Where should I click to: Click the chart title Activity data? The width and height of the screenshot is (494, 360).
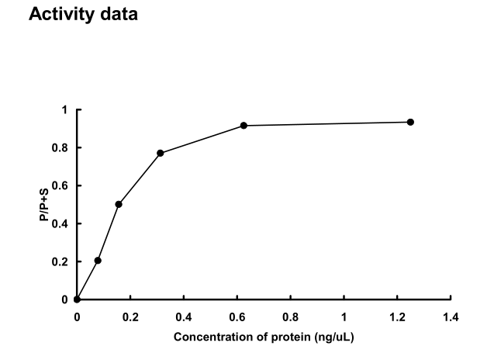click(83, 15)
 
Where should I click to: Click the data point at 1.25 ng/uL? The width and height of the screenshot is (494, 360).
click(410, 122)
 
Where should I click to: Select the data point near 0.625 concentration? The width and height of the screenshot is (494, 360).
click(244, 125)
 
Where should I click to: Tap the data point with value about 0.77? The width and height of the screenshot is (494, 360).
click(161, 153)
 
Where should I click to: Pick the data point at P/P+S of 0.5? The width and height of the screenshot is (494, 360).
click(119, 204)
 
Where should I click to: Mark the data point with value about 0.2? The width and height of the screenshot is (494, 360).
click(98, 261)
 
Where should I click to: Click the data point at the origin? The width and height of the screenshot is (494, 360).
click(77, 299)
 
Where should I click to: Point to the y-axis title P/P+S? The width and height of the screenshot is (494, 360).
click(44, 205)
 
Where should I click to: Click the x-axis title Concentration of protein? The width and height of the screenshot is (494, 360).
click(264, 337)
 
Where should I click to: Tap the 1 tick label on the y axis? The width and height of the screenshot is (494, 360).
click(65, 110)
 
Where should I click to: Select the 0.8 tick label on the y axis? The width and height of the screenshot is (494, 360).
click(61, 148)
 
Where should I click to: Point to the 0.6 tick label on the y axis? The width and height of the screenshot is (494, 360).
click(61, 186)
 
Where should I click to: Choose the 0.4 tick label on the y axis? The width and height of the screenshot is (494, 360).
click(61, 224)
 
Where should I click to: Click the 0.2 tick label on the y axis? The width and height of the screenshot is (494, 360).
click(61, 262)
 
